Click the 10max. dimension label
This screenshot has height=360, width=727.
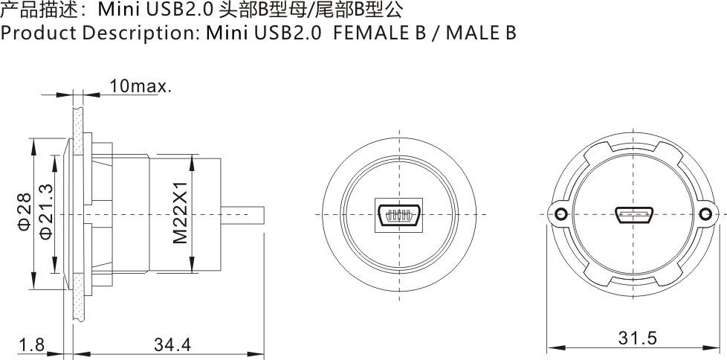(140, 86)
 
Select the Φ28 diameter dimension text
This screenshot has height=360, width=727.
(24, 212)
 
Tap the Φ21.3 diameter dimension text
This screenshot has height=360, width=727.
(46, 212)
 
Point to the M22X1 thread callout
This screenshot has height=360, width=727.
(179, 214)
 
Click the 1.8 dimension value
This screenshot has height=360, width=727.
(32, 344)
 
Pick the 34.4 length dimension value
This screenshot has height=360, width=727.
(172, 344)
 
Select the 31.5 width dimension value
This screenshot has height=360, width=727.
(637, 338)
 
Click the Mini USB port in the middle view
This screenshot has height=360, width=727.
(400, 215)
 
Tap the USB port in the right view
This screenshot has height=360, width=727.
(633, 215)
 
